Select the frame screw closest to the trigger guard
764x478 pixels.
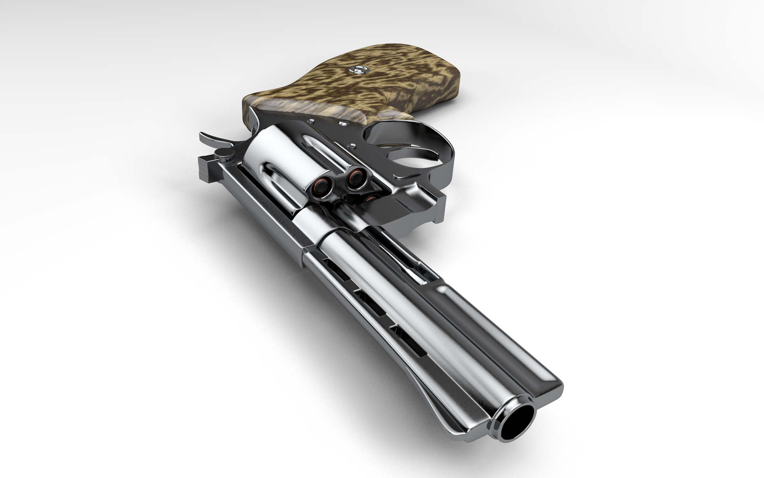click(353, 145)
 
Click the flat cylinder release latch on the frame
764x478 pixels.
click(406, 173)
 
